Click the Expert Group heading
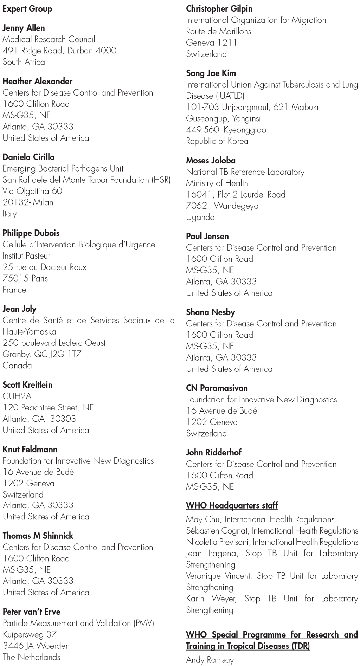pyautogui.click(x=27, y=9)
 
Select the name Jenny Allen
pyautogui.click(x=24, y=28)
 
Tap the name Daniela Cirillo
pyautogui.click(x=28, y=157)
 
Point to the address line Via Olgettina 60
pyautogui.click(x=32, y=191)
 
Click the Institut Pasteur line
pyautogui.click(x=26, y=256)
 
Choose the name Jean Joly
pyautogui.click(x=19, y=309)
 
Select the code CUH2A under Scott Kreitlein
pyautogui.click(x=17, y=396)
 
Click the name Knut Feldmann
pyautogui.click(x=30, y=449)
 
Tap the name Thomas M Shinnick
pyautogui.click(x=38, y=536)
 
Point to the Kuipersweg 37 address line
pyautogui.click(x=30, y=634)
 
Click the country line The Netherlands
pyautogui.click(x=31, y=657)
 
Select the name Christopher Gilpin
pyautogui.click(x=219, y=9)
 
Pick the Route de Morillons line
pyautogui.click(x=218, y=31)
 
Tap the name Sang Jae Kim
pyautogui.click(x=211, y=73)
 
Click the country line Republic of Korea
pyautogui.click(x=217, y=141)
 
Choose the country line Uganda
pyautogui.click(x=200, y=217)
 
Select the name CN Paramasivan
pyautogui.click(x=217, y=388)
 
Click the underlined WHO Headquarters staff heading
pyautogui.click(x=232, y=505)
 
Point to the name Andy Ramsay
pyautogui.click(x=210, y=660)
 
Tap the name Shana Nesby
pyautogui.click(x=210, y=312)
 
